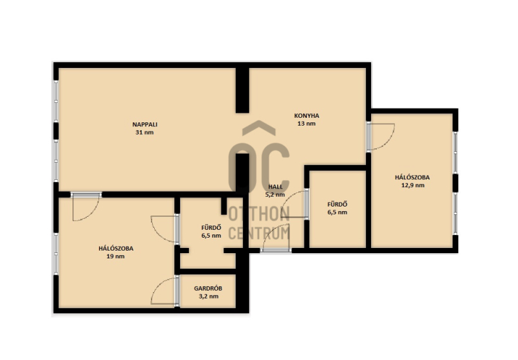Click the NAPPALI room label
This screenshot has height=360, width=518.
(144, 124)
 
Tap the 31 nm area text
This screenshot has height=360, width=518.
(144, 133)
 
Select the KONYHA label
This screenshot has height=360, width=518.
(306, 116)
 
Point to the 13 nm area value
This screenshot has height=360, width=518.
(306, 124)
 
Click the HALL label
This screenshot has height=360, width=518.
(276, 186)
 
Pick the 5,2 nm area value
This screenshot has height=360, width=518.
(275, 194)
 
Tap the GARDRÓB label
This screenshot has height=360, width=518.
(208, 288)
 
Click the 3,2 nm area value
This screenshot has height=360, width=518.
(208, 297)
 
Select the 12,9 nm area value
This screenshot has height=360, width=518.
(413, 185)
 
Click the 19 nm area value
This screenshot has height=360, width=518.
(116, 256)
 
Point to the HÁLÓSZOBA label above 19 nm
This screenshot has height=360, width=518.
(116, 249)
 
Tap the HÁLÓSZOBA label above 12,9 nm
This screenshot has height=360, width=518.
(412, 177)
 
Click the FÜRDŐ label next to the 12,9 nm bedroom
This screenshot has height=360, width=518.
(337, 205)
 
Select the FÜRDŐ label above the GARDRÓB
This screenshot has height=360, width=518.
(211, 227)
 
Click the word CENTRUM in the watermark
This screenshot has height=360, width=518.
(259, 233)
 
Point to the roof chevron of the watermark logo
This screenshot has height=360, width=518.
(258, 126)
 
